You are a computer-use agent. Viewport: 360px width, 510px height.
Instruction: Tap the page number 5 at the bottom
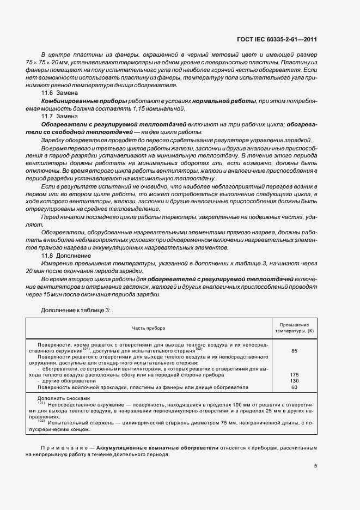pos(316,465)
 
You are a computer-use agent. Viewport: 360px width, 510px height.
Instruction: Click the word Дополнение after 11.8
pos(76,255)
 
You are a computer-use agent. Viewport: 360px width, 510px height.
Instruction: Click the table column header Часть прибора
pos(148,328)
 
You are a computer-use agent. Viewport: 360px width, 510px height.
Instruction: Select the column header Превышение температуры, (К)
pos(295,328)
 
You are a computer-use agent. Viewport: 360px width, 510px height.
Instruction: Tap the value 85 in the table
pos(295,351)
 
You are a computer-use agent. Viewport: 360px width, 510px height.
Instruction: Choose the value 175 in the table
pos(295,375)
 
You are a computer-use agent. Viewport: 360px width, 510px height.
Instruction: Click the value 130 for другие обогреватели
pos(295,381)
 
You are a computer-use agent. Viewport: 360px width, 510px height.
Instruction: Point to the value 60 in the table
pos(295,387)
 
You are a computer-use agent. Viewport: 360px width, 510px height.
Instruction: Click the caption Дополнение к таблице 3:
pos(76,309)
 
